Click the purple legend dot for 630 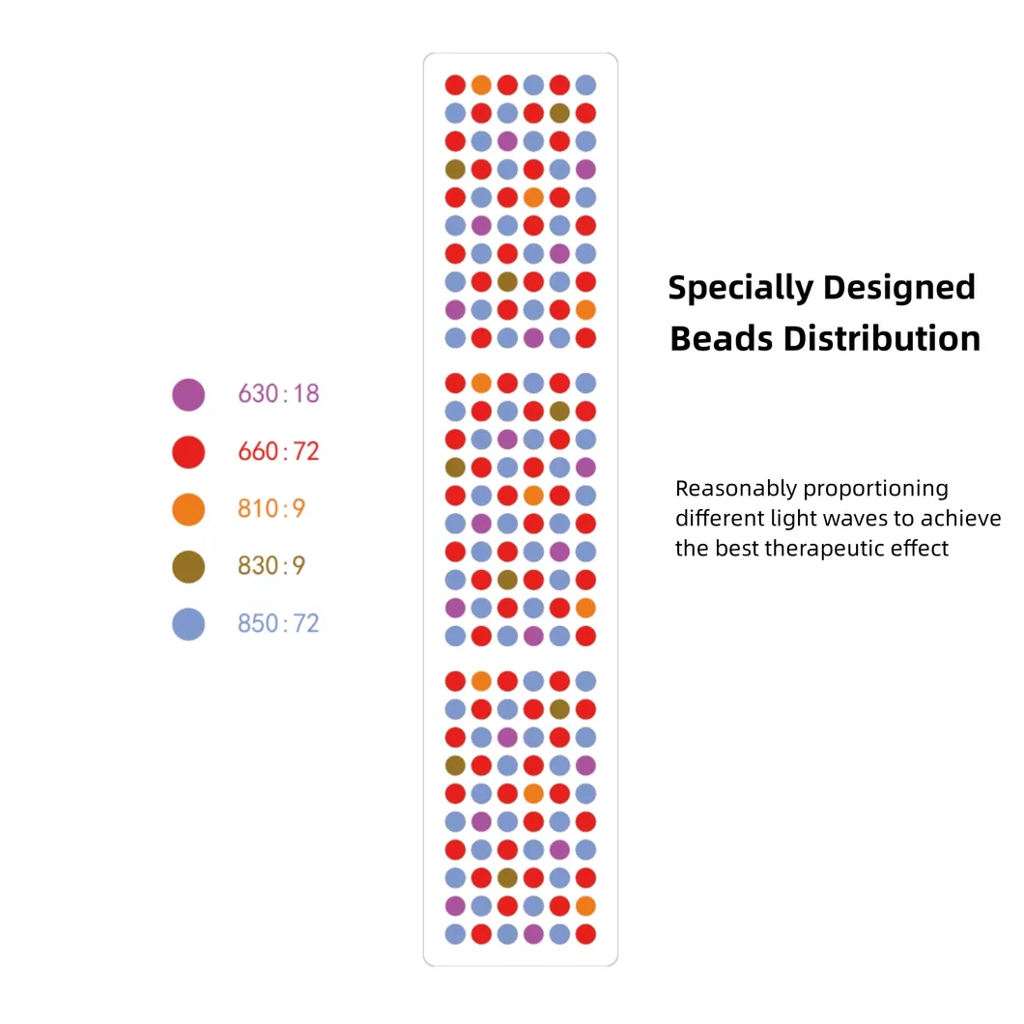[188, 394]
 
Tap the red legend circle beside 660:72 [188, 451]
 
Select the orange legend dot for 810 [188, 508]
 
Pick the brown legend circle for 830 [188, 566]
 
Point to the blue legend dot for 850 [188, 623]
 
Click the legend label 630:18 [278, 394]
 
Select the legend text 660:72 [278, 451]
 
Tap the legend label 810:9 [271, 508]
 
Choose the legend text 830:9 [271, 566]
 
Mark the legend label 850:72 [278, 623]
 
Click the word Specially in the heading [741, 288]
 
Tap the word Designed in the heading [899, 288]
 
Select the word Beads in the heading [721, 339]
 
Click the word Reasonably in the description [735, 489]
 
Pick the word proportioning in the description [876, 489]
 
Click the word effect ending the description [921, 550]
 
